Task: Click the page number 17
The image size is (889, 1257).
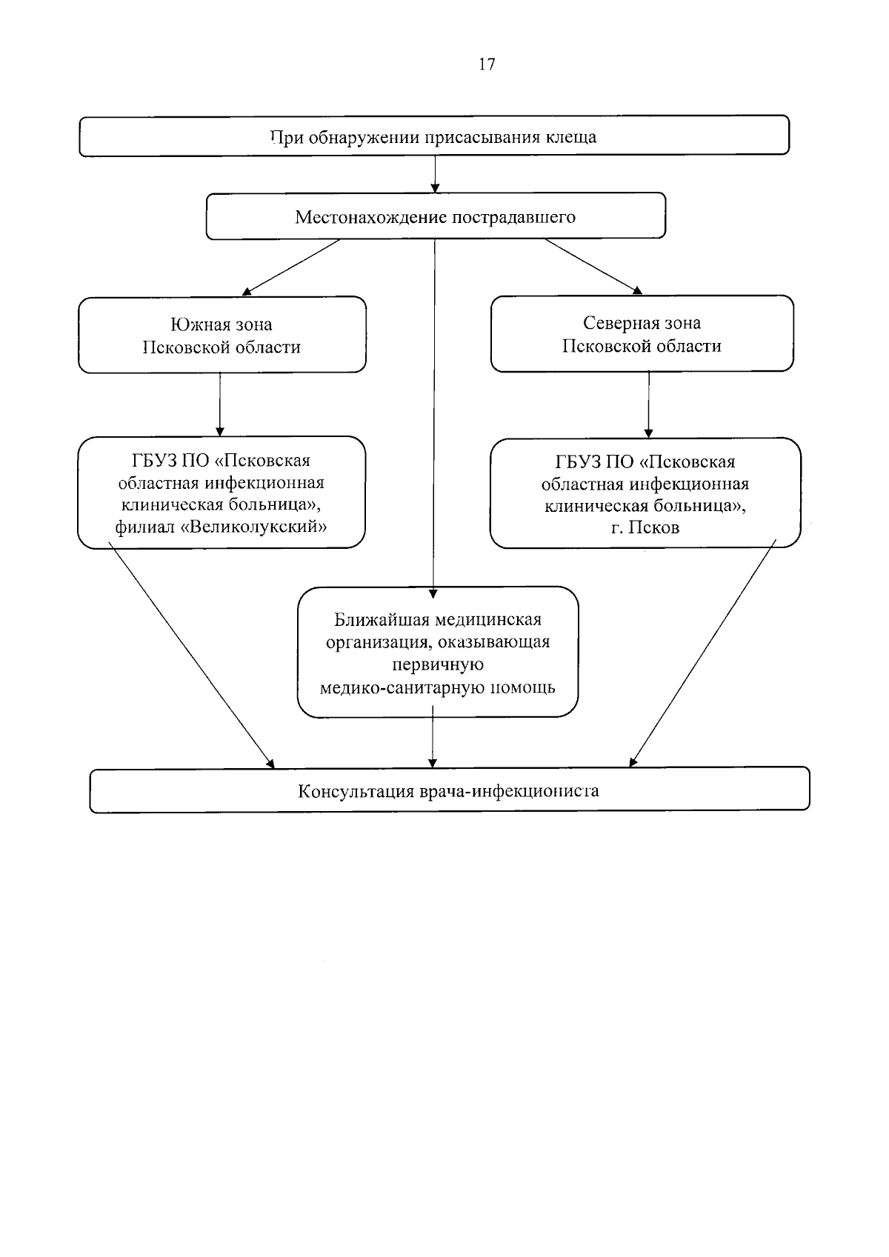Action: (487, 64)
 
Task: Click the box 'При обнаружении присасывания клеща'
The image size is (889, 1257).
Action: (434, 136)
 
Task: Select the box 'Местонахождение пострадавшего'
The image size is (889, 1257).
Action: (436, 216)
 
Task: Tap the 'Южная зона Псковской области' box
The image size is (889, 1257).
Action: (222, 335)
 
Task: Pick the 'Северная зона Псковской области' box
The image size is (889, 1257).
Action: (642, 333)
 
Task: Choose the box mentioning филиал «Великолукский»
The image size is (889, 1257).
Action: (222, 492)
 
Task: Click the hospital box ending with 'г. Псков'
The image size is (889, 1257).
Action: (645, 493)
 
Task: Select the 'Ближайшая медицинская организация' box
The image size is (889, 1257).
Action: (438, 652)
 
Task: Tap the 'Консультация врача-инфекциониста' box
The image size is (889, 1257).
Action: (450, 790)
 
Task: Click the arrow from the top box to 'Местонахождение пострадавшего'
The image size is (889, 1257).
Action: (435, 174)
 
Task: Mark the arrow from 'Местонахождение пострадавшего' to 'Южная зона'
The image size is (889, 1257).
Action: (290, 267)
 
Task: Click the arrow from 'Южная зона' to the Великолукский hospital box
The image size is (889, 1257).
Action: (220, 404)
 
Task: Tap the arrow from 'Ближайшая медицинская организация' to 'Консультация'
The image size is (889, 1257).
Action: (433, 736)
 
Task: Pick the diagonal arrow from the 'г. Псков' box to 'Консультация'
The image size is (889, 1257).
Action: (702, 653)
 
